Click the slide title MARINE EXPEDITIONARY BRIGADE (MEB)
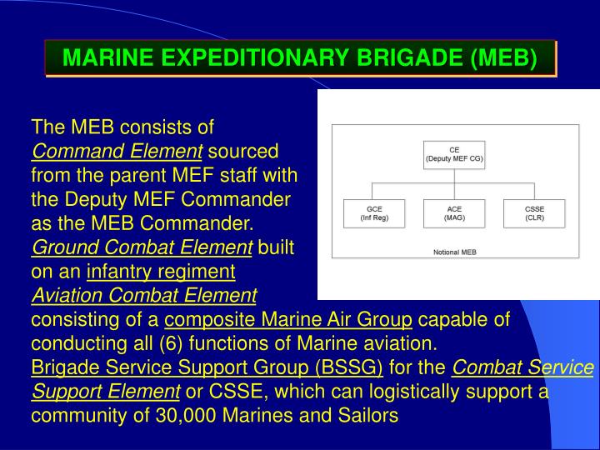[x=300, y=59]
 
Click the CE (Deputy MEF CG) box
[x=454, y=153]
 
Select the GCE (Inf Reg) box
[x=374, y=212]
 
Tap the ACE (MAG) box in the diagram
[x=454, y=212]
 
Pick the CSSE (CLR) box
[x=534, y=212]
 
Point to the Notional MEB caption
[x=454, y=252]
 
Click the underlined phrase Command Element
[x=117, y=152]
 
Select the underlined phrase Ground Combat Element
[x=142, y=248]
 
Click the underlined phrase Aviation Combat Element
[x=144, y=296]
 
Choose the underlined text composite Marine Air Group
[x=288, y=320]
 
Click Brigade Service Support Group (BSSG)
[x=207, y=368]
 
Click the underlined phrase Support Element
[x=105, y=392]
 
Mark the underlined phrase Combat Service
[x=523, y=368]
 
